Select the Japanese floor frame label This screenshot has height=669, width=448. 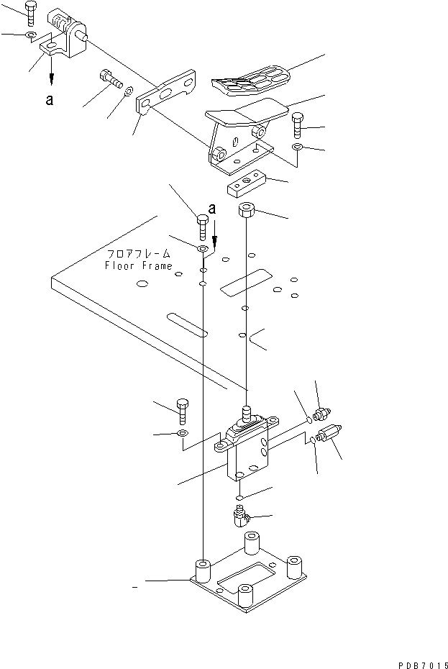click(x=139, y=254)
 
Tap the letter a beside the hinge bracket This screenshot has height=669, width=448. click(x=49, y=101)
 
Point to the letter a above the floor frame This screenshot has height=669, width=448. click(x=211, y=209)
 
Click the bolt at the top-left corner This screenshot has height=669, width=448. click(x=29, y=12)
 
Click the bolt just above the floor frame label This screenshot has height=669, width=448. click(x=202, y=227)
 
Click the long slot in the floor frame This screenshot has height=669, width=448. click(x=186, y=324)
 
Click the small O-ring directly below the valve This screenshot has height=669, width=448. click(x=240, y=497)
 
